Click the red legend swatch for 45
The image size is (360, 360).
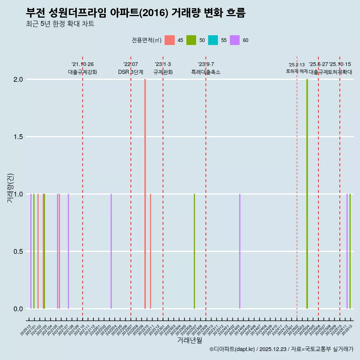coord(170,40)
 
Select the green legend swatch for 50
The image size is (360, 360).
coord(191,40)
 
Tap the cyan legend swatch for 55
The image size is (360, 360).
coord(213,40)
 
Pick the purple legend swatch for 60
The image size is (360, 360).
coord(235,40)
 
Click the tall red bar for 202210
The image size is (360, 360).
coord(145,194)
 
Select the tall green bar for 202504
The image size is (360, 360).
coord(307,194)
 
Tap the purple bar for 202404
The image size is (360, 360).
coord(240,251)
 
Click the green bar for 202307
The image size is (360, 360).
coord(194,251)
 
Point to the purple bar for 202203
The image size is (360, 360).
coord(111,251)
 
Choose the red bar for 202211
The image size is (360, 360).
coord(150,251)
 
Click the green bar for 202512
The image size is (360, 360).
coord(350,251)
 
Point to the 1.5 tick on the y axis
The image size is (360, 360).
coord(18,137)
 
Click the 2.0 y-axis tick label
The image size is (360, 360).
coord(18,79)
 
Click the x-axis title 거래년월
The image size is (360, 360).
coord(189,340)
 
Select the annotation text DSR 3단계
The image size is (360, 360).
coord(130,72)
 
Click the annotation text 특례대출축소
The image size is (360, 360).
coord(206,72)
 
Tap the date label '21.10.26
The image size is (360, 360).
coord(82,64)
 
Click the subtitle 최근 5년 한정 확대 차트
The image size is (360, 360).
coord(60,24)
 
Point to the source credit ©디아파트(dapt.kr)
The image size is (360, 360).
coord(232,349)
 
